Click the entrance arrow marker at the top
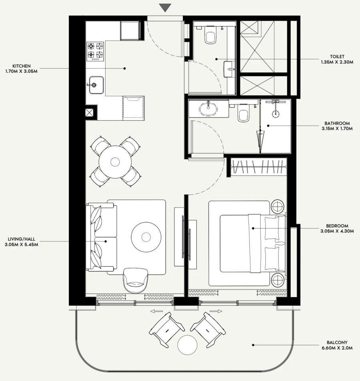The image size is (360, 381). [x=165, y=8]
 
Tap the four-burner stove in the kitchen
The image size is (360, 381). [x=95, y=51]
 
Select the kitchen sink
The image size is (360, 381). [x=96, y=85]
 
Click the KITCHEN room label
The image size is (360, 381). [x=22, y=66]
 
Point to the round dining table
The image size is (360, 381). [x=115, y=162]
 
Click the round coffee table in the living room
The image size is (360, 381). [x=146, y=237]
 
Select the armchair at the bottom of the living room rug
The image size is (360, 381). [x=136, y=280]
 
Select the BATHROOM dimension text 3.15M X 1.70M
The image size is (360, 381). [x=337, y=129]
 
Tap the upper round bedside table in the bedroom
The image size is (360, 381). [x=278, y=207]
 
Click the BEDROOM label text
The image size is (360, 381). [x=337, y=226]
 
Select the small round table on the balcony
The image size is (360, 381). [x=188, y=344]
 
